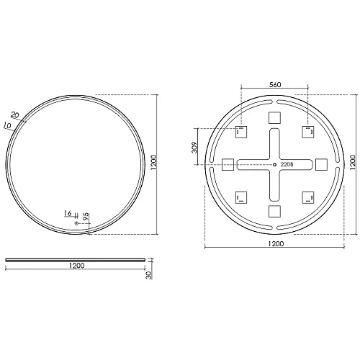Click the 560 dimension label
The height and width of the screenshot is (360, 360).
[275, 85]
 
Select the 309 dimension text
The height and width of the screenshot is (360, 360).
[194, 148]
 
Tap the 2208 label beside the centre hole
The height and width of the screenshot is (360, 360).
[287, 165]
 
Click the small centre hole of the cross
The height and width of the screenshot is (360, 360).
[274, 165]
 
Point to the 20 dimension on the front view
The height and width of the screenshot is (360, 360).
[15, 115]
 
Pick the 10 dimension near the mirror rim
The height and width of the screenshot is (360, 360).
[7, 125]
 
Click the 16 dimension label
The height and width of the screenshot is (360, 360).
[68, 213]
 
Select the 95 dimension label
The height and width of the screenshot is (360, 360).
[86, 217]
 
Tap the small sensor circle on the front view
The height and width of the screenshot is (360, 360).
[76, 223]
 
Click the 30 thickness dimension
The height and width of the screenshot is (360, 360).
[149, 275]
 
